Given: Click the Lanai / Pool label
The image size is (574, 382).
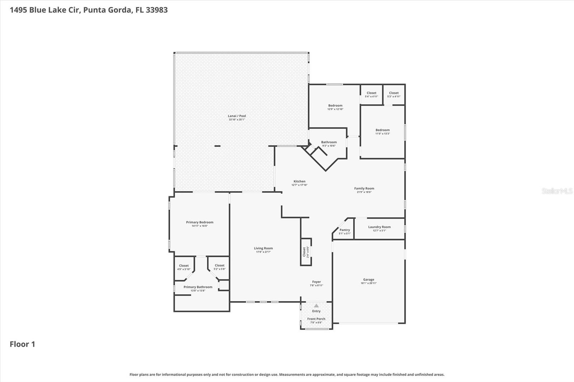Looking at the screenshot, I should click(237, 116).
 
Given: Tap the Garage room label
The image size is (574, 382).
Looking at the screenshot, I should click(368, 280).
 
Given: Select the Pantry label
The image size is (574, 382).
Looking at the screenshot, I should click(344, 230).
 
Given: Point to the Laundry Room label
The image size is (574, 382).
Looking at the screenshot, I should click(379, 227).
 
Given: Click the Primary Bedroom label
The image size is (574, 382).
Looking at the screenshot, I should click(199, 222).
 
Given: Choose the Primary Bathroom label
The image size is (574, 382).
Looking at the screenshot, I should click(198, 287).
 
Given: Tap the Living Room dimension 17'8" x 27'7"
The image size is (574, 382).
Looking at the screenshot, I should click(263, 252).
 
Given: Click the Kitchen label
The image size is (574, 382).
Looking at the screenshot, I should click(299, 181).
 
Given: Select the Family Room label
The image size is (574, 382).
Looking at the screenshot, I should click(364, 188).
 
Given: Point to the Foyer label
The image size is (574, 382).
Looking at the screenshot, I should click(316, 282).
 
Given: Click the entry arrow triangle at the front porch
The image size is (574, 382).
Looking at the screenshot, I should click(316, 306).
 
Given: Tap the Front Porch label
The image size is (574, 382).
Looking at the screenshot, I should click(316, 319).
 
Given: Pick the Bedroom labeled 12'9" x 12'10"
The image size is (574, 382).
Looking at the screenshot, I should click(335, 106).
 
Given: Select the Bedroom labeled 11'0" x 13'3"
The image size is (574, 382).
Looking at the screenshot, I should click(382, 130).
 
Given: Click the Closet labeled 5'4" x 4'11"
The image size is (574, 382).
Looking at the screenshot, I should click(371, 93).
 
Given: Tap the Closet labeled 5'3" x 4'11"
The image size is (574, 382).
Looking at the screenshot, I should click(394, 93).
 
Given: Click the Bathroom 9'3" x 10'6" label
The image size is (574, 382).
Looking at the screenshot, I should click(329, 142).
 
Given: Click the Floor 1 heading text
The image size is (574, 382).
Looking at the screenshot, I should click(22, 344).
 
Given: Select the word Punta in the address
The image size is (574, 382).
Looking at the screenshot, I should click(94, 10).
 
